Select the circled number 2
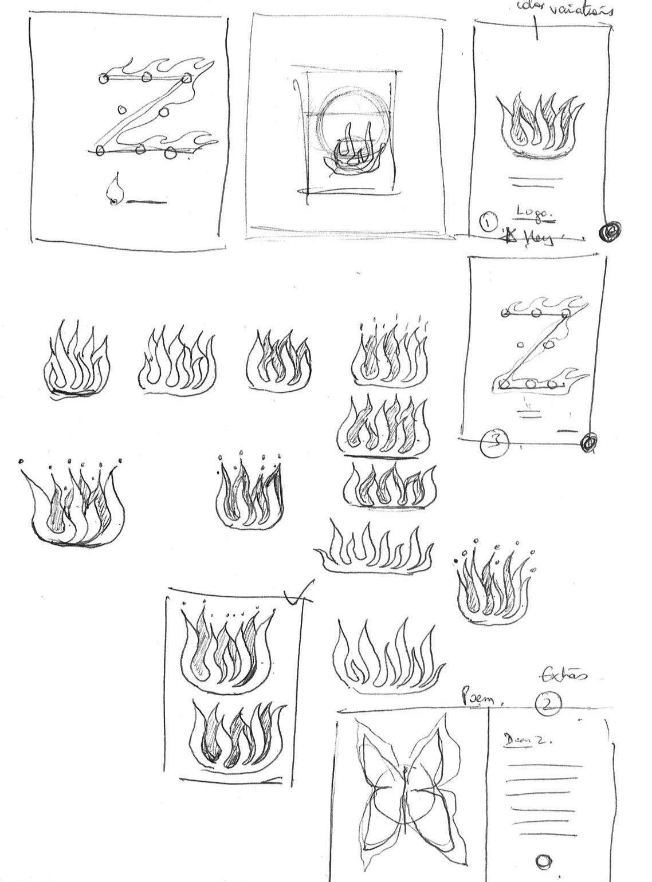(x=548, y=705)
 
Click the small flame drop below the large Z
(x=115, y=190)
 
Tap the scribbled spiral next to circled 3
(x=588, y=442)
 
